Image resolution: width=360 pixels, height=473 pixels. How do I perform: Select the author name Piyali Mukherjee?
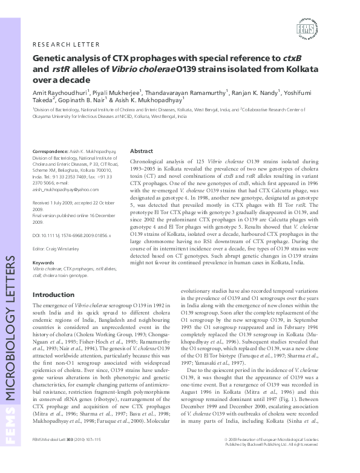[x=117, y=92]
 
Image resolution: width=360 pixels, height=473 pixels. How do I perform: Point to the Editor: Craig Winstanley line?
[x=57, y=247]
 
